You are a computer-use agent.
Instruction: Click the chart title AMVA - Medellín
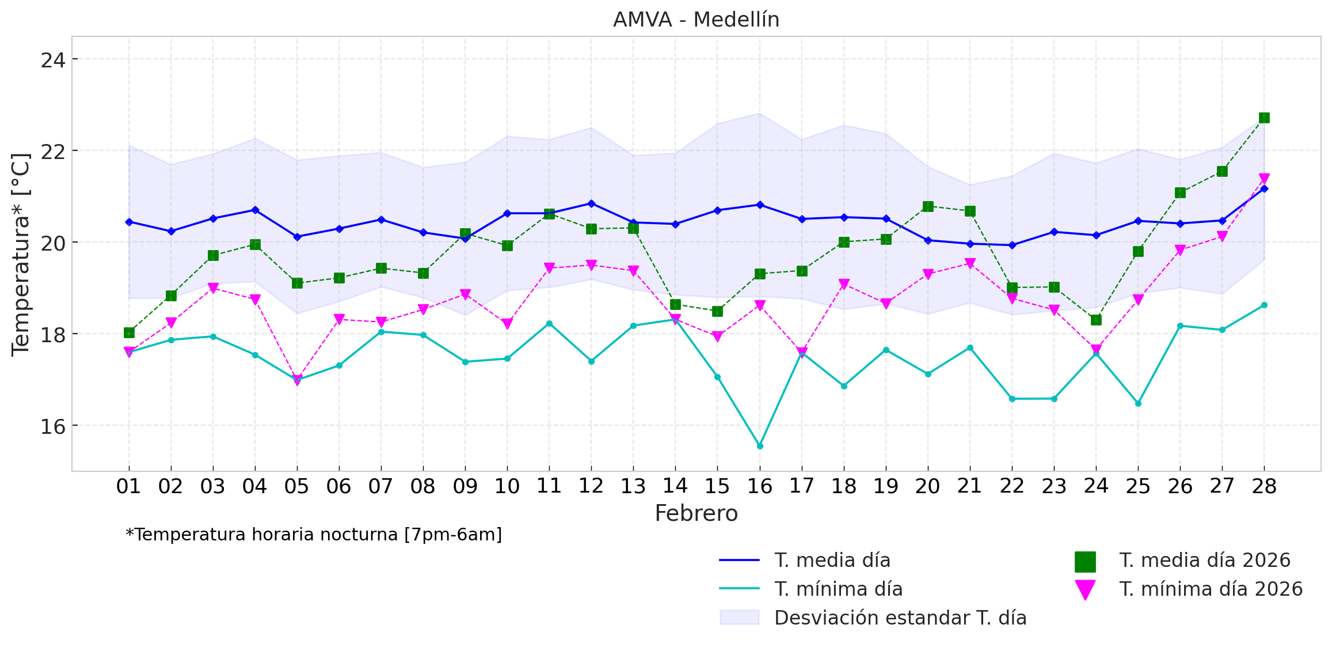(x=696, y=20)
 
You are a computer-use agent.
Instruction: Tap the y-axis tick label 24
(x=52, y=60)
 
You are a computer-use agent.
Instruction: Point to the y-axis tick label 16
(x=52, y=426)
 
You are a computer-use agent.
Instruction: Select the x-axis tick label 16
(x=759, y=487)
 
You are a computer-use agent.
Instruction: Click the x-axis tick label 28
(x=1264, y=487)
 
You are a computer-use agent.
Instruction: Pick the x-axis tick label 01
(x=128, y=487)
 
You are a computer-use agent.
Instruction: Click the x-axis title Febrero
(x=696, y=513)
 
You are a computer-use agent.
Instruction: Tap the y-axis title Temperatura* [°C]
(x=21, y=254)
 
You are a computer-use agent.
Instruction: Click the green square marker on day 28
(x=1264, y=118)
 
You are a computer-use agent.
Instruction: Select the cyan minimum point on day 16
(x=760, y=446)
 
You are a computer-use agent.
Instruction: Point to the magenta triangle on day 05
(x=297, y=380)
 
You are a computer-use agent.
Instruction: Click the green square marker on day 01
(x=129, y=332)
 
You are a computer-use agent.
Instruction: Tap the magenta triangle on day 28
(x=1264, y=179)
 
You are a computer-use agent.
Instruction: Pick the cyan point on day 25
(x=1138, y=403)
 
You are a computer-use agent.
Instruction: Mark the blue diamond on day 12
(x=591, y=203)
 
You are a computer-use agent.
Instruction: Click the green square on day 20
(x=928, y=206)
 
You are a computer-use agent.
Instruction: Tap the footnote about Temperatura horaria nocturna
(x=314, y=535)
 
